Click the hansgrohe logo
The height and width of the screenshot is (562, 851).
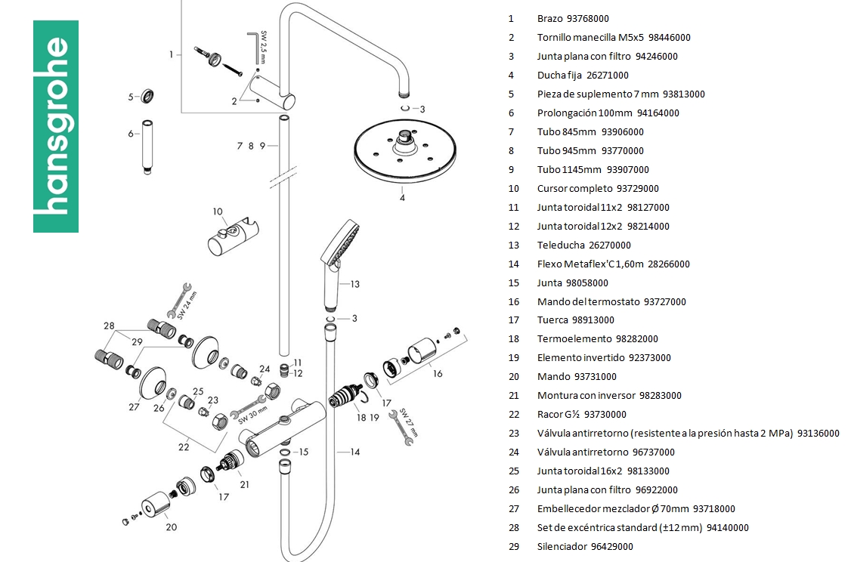click(56, 126)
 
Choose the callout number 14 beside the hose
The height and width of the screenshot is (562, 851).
click(354, 452)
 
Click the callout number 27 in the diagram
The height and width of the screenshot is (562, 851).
click(134, 407)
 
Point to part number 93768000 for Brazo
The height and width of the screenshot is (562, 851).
click(587, 19)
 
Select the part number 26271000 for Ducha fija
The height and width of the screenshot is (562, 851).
click(607, 76)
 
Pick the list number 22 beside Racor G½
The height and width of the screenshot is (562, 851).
click(514, 414)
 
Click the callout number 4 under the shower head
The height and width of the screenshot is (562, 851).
click(402, 198)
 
